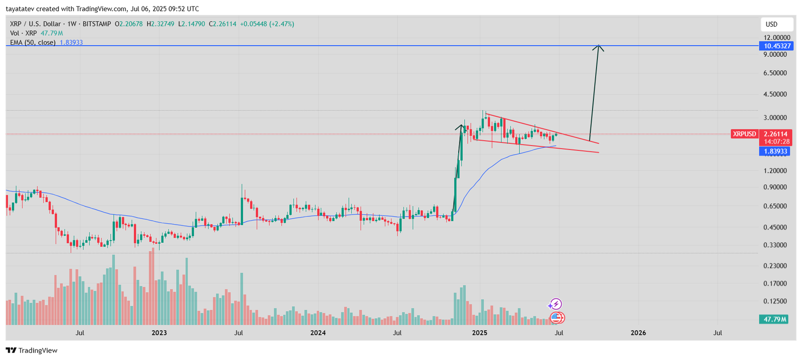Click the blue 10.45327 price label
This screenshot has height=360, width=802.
coord(776,46)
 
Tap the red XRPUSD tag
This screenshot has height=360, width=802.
coord(744,134)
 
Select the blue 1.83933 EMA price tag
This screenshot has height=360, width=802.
coord(775,151)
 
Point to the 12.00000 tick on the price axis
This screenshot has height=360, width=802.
coord(777,38)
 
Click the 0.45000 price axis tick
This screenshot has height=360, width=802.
coord(775,227)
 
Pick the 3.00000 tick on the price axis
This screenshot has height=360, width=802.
coord(775,118)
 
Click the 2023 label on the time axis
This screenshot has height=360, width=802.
coord(159,333)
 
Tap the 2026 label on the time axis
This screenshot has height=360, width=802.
coord(638,333)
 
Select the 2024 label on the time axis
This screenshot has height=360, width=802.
coord(318,333)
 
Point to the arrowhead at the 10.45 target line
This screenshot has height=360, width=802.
coord(597,47)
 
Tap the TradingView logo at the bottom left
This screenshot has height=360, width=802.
coord(32,350)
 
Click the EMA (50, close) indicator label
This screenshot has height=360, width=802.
coord(33,43)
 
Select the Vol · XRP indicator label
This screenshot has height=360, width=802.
coord(24,33)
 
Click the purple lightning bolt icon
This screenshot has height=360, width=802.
coord(555,304)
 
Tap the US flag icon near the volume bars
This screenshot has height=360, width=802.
coord(557,317)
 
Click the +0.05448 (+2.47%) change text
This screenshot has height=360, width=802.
coord(267,24)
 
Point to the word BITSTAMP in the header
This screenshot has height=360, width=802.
coord(96,24)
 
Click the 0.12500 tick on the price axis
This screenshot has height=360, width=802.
coord(775,301)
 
